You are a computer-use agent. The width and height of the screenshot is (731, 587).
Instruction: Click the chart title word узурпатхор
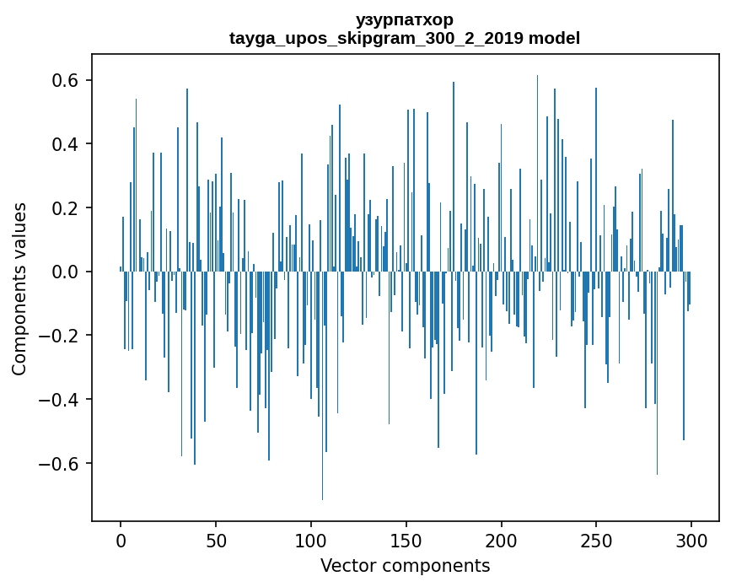point(405,19)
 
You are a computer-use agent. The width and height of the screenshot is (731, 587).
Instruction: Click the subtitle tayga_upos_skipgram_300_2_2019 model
point(405,38)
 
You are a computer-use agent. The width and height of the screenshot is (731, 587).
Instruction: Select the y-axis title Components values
point(19,288)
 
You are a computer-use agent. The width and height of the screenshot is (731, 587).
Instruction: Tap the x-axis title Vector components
point(405,565)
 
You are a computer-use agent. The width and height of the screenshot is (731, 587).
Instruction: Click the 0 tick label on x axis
point(121,541)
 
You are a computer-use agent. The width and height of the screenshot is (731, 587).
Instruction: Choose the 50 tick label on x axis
point(216,541)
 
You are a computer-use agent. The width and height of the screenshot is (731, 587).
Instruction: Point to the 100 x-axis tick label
point(311,541)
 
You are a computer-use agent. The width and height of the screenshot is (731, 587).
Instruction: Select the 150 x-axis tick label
point(406,541)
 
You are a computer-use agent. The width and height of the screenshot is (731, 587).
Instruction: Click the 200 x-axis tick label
point(502,541)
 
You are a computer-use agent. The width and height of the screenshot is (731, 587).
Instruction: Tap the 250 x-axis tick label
point(596,541)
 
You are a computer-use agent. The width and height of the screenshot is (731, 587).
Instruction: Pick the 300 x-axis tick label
point(691,541)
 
